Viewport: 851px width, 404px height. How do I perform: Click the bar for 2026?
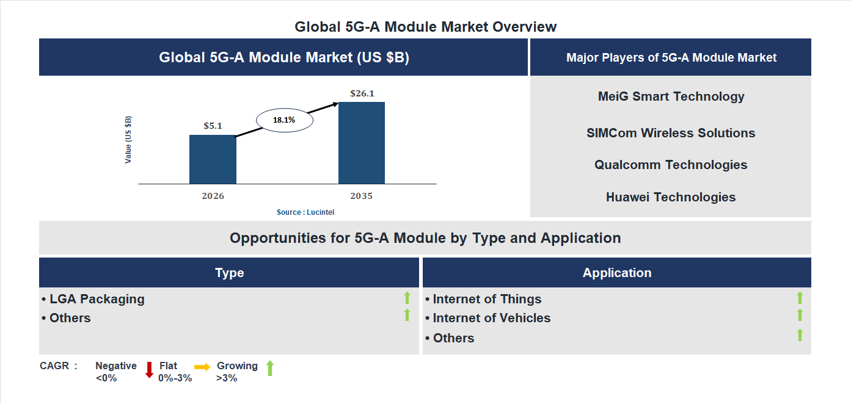click(213, 159)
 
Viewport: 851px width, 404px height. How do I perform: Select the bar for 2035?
click(362, 143)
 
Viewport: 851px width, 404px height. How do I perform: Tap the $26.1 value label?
click(362, 93)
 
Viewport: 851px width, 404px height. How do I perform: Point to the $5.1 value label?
click(213, 126)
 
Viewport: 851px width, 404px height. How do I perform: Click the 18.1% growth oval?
click(284, 120)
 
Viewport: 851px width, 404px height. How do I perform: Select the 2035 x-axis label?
click(362, 197)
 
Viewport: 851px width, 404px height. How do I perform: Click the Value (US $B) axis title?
click(128, 139)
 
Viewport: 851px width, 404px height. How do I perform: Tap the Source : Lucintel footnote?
click(305, 212)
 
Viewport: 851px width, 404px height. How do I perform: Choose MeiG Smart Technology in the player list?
click(671, 96)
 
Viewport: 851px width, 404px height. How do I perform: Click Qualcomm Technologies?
click(671, 165)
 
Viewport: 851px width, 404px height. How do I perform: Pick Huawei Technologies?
click(671, 197)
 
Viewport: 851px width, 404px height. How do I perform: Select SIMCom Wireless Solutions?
click(671, 133)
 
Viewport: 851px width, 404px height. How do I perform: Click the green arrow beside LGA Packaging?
click(407, 298)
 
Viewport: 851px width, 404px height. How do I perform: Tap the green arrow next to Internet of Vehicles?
click(800, 316)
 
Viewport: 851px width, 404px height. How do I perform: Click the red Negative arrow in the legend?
click(149, 369)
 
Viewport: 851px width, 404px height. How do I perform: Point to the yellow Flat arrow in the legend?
click(202, 367)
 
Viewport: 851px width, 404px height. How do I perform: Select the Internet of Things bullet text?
click(487, 299)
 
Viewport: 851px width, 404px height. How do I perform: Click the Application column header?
click(616, 273)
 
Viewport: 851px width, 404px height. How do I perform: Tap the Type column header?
click(229, 273)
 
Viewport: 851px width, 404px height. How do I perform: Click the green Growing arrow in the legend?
click(270, 368)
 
